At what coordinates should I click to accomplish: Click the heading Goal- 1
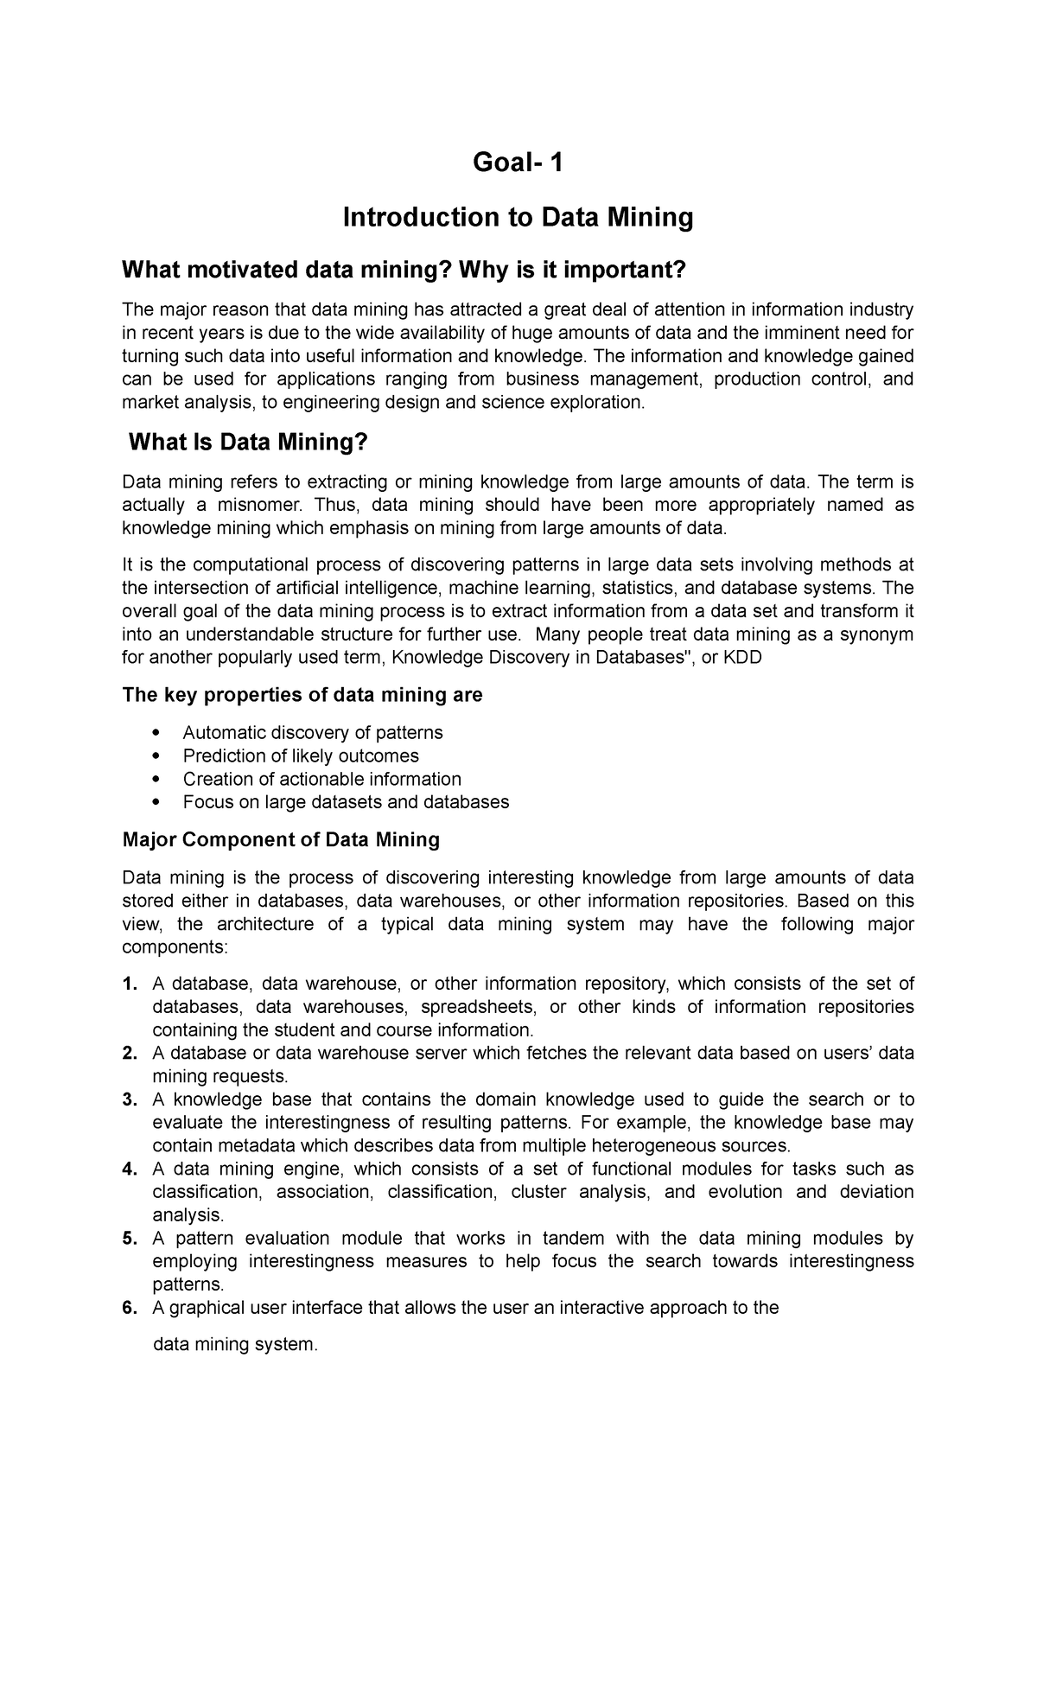518,162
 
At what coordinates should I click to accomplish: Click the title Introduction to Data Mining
518,217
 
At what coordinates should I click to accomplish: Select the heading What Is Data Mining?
248,443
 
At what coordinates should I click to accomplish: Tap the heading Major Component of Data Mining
281,839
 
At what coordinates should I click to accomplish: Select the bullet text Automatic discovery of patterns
312,732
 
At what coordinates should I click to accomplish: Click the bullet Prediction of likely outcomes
301,755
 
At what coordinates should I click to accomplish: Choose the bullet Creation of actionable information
321,779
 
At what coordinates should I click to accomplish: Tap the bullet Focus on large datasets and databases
346,802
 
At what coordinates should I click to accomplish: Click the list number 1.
130,984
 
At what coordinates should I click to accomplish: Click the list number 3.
130,1099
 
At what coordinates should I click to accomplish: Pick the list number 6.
130,1308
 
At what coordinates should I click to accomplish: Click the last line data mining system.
235,1345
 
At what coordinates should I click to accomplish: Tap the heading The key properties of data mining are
302,695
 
